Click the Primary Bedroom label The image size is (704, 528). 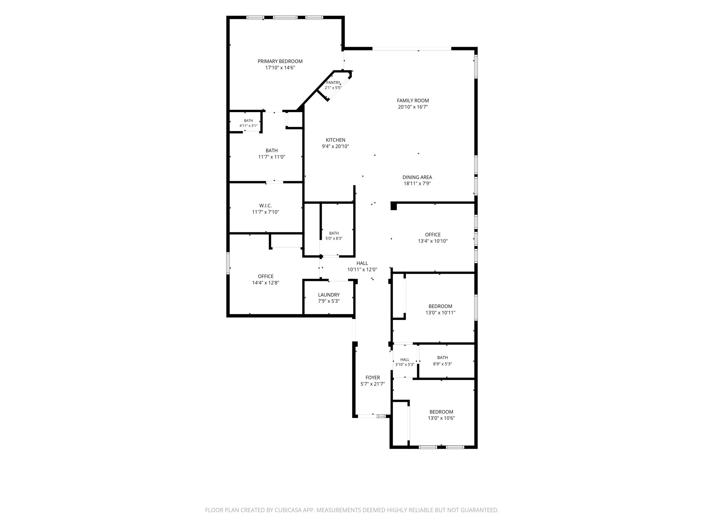pyautogui.click(x=280, y=62)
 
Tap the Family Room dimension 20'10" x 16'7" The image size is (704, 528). pyautogui.click(x=413, y=107)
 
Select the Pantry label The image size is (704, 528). pyautogui.click(x=333, y=83)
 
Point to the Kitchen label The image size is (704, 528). pyautogui.click(x=335, y=140)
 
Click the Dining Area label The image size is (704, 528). pyautogui.click(x=417, y=177)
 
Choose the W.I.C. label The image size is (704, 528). pyautogui.click(x=265, y=206)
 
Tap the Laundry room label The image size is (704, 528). pyautogui.click(x=329, y=295)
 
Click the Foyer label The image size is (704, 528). pyautogui.click(x=373, y=378)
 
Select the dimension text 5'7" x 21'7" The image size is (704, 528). pyautogui.click(x=373, y=384)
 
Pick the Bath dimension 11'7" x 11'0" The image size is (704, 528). pyautogui.click(x=272, y=157)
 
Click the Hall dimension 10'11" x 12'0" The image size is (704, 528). pyautogui.click(x=362, y=270)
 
